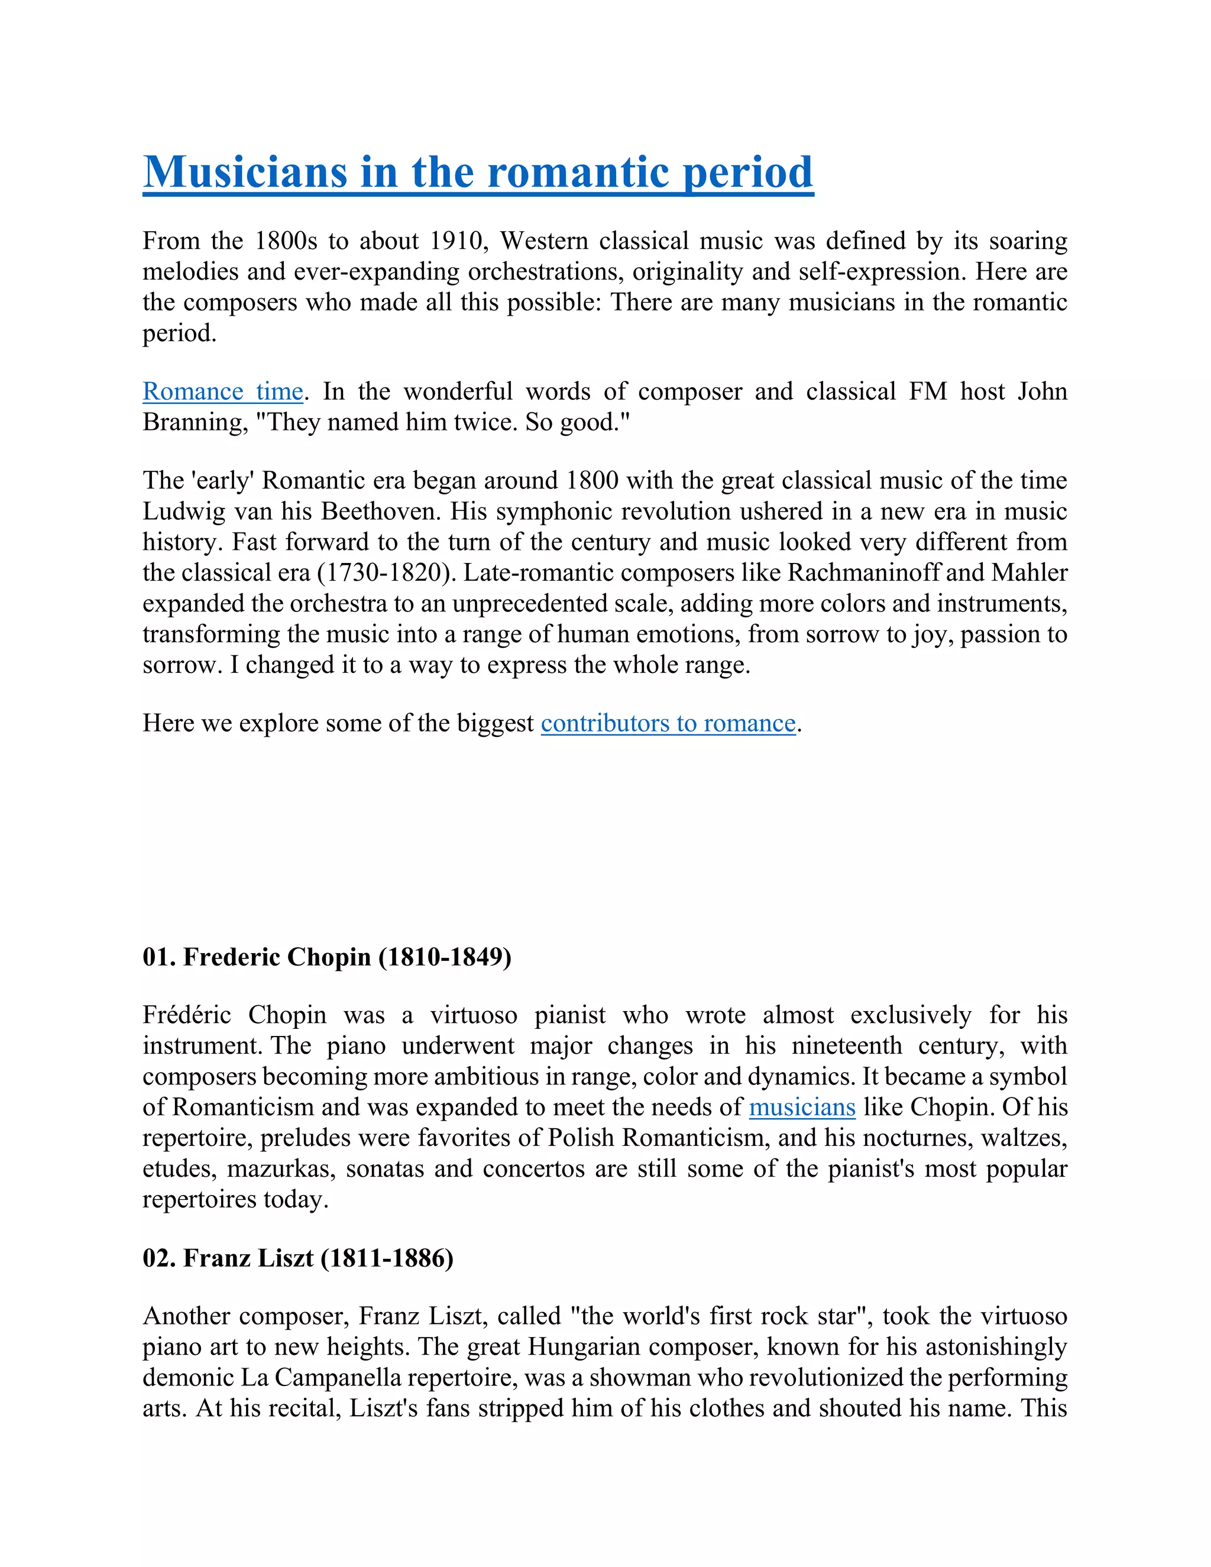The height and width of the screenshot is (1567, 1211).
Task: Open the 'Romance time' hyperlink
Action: pyautogui.click(x=222, y=391)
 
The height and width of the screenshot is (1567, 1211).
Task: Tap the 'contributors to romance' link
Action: pyautogui.click(x=668, y=723)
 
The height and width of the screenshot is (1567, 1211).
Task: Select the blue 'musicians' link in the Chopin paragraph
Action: pyautogui.click(x=802, y=1107)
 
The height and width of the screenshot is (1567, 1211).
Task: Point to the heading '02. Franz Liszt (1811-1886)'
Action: pyautogui.click(x=298, y=1258)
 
